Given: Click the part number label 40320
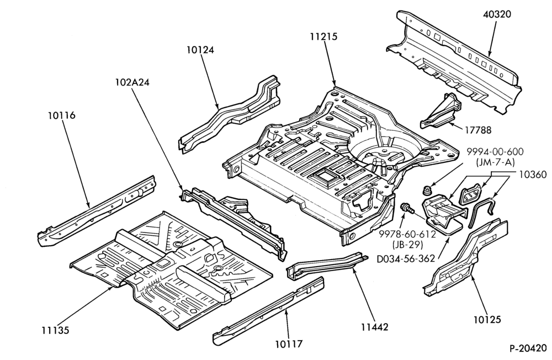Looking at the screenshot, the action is point(497,14).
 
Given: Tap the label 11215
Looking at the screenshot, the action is point(323,36).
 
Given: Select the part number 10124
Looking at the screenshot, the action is point(200,50).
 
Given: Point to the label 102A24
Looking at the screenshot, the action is point(132,82).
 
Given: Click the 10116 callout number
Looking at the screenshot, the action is point(62,115).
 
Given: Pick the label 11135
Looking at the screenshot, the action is point(55,330).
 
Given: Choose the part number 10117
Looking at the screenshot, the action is point(289,343).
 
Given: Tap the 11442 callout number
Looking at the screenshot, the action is point(375,327).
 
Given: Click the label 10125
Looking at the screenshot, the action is point(487,320).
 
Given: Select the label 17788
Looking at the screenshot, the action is point(477,130).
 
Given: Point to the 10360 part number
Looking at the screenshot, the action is point(533,174).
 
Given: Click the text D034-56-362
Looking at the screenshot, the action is point(406,259).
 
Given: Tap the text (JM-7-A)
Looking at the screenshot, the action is point(495,162).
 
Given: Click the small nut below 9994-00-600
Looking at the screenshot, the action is point(427,190).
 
